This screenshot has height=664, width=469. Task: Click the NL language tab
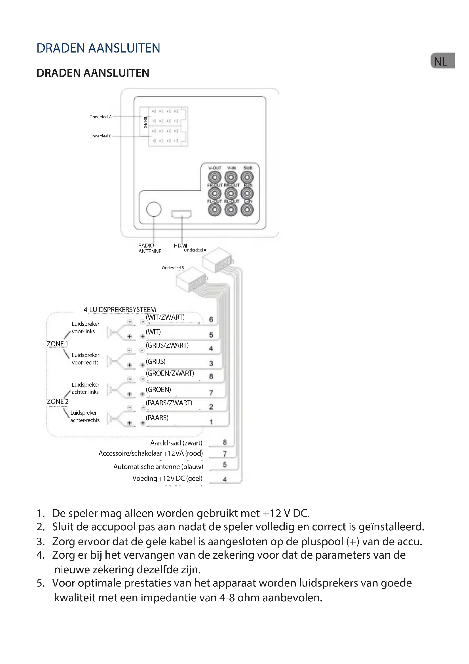tap(442, 61)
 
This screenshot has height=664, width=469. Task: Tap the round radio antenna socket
tap(154, 209)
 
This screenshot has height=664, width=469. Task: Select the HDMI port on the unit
tap(181, 214)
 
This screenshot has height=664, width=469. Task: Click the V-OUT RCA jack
tap(215, 177)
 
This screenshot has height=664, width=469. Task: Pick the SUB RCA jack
tap(247, 177)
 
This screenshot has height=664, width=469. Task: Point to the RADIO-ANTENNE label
tap(150, 248)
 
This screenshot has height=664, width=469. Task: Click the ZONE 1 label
tap(58, 344)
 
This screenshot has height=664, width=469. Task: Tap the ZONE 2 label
tap(58, 401)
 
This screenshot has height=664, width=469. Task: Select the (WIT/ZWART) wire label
tap(165, 317)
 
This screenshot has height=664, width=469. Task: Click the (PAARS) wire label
tap(157, 418)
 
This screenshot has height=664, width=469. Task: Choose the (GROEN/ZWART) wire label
tap(170, 373)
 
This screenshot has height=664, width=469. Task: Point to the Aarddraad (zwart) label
tap(176, 443)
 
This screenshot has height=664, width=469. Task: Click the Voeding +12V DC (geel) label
tap(168, 478)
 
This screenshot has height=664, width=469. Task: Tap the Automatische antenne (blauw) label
tap(158, 466)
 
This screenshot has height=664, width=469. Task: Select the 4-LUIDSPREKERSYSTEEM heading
tap(120, 310)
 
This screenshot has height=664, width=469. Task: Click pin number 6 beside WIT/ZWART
tap(211, 319)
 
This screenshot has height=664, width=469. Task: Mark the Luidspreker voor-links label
tap(85, 327)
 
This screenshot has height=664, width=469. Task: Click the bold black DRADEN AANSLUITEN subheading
tap(93, 73)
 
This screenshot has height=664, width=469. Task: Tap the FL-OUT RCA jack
tap(215, 210)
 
